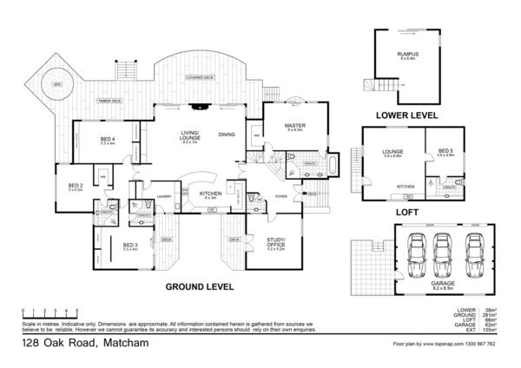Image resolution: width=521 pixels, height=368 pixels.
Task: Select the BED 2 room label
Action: [76, 186]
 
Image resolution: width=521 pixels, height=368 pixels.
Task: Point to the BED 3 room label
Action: [131, 246]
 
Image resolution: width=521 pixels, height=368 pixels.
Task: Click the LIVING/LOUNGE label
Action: [190, 135]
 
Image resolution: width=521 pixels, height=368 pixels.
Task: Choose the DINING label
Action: [227, 135]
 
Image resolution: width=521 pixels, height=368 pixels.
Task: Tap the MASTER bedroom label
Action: [293, 126]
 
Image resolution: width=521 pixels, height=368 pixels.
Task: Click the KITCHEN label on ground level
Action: [209, 194]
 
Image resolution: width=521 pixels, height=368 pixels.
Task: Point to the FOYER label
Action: [281, 196]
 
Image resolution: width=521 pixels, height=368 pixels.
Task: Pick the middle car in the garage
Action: [439, 251]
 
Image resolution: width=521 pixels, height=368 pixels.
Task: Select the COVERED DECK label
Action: [200, 77]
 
